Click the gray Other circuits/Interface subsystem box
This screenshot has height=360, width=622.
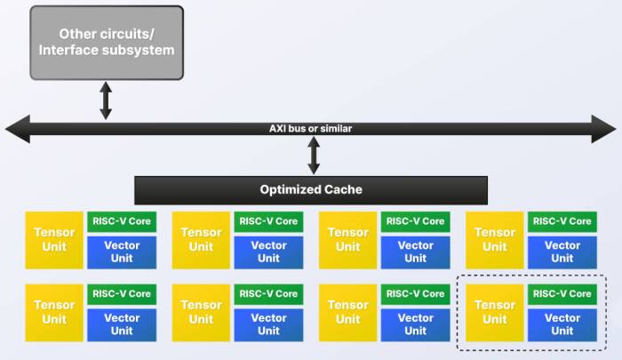pyautogui.click(x=107, y=43)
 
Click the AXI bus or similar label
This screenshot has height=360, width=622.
pyautogui.click(x=311, y=129)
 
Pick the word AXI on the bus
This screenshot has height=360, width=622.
pyautogui.click(x=277, y=129)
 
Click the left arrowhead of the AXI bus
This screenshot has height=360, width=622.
pyautogui.click(x=18, y=129)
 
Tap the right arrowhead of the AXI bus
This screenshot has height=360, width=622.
pyautogui.click(x=603, y=129)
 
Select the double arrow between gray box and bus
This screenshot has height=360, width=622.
pyautogui.click(x=106, y=100)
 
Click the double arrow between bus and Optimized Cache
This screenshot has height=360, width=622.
pyautogui.click(x=314, y=156)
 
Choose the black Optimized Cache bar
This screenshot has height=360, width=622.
pyautogui.click(x=311, y=190)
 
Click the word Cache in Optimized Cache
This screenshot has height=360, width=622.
pyautogui.click(x=343, y=189)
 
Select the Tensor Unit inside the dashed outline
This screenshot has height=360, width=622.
pyautogui.click(x=495, y=313)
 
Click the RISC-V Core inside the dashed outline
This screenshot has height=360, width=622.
pyautogui.click(x=562, y=294)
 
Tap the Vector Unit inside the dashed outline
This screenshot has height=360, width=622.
pyautogui.click(x=562, y=325)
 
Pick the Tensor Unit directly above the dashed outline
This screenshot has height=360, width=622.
pyautogui.click(x=495, y=240)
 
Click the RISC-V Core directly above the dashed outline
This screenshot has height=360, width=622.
pyautogui.click(x=562, y=221)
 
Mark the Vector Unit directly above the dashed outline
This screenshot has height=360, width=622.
pyautogui.click(x=562, y=252)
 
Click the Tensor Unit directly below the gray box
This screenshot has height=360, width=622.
pyautogui.click(x=54, y=240)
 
